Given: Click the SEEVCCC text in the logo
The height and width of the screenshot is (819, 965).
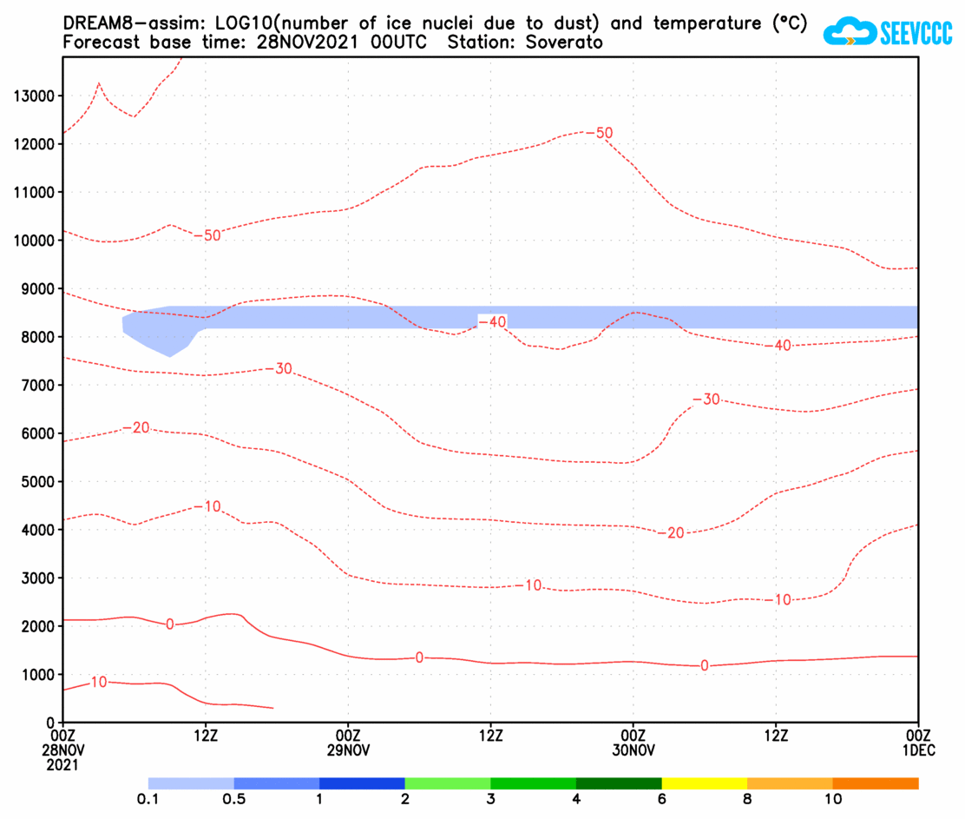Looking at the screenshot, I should click(916, 34).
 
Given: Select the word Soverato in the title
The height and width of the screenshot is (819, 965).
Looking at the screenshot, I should click(570, 42).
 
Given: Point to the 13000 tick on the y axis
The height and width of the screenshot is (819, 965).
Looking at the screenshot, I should click(35, 96).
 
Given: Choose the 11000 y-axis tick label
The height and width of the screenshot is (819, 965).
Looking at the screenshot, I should click(35, 192).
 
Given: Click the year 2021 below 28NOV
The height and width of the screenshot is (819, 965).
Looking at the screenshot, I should click(62, 765).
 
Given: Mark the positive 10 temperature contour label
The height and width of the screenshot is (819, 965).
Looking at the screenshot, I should click(98, 683).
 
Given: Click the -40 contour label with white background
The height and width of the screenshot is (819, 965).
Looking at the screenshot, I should click(492, 321).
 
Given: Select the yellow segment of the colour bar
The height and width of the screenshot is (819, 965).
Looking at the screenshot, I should click(704, 783).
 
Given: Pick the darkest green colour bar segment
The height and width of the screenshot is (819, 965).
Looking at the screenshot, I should click(618, 783).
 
